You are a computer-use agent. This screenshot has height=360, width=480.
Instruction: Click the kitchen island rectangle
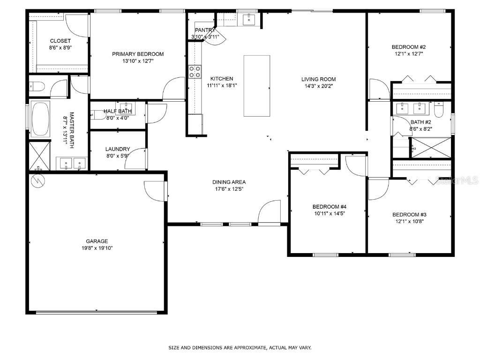click(256, 86)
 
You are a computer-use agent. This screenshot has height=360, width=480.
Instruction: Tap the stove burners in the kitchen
click(195, 72)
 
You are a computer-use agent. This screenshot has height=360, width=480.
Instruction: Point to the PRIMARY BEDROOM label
click(138, 54)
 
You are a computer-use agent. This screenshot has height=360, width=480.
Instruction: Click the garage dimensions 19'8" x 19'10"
click(97, 248)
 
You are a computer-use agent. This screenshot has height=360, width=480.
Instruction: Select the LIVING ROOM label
click(318, 79)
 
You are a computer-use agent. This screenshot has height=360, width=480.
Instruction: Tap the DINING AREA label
click(229, 182)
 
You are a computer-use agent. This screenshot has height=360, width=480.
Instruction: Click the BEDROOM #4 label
click(329, 207)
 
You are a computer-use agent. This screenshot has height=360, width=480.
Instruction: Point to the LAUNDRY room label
click(118, 149)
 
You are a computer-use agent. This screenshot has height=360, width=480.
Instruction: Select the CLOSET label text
click(60, 41)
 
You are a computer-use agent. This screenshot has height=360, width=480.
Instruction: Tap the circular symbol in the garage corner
click(37, 180)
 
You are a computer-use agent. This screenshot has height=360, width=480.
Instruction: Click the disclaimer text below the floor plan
click(240, 348)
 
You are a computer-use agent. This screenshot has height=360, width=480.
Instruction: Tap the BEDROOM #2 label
click(408, 47)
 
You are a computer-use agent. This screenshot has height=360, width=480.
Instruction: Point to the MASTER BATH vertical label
click(72, 130)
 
